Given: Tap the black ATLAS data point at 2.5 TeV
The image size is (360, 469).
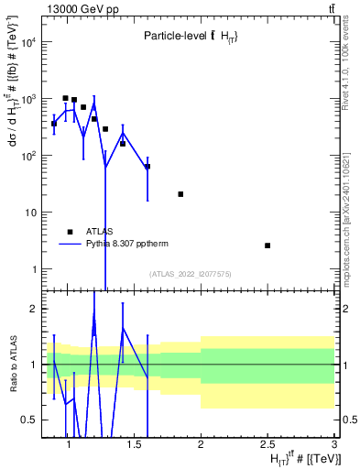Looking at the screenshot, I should pos(267,245).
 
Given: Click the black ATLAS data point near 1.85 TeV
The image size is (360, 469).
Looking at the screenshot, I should pos(180,194).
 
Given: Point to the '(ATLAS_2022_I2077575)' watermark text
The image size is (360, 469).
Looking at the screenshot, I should pos(190,273).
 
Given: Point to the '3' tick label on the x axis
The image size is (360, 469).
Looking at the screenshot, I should pos(333,444).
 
